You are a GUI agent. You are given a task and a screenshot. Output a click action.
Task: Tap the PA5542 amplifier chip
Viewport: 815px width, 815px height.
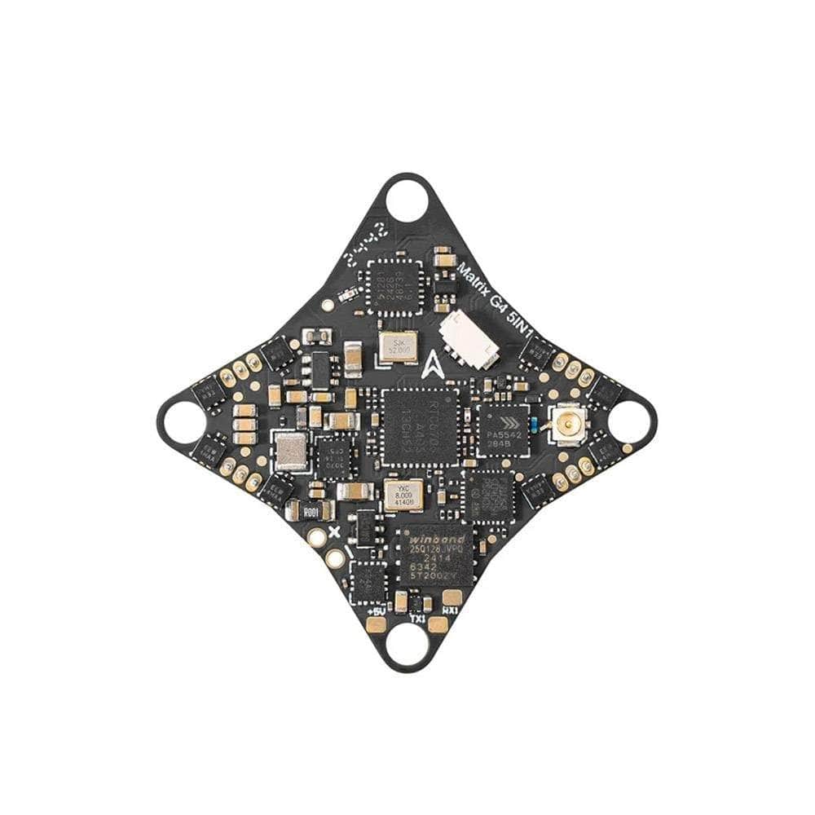pos(502,430)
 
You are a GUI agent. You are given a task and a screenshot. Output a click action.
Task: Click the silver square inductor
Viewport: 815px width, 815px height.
pos(291,451)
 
